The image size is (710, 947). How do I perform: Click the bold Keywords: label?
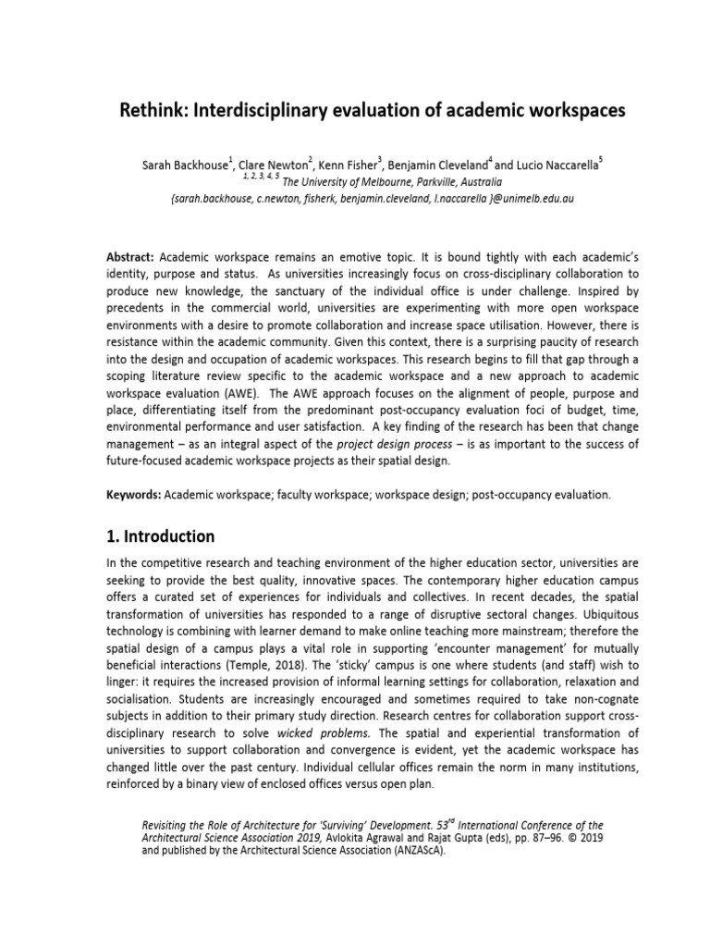134,495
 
